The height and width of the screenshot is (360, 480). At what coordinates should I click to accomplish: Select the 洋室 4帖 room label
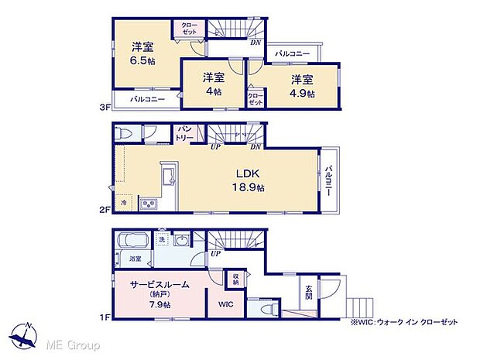click(213, 84)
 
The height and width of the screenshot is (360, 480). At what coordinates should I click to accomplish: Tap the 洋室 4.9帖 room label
click(303, 85)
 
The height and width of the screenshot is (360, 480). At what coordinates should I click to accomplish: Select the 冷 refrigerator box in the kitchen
click(123, 203)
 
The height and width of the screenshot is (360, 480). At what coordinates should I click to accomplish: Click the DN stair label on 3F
click(255, 43)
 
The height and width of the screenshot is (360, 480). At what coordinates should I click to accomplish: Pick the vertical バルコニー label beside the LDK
click(329, 180)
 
